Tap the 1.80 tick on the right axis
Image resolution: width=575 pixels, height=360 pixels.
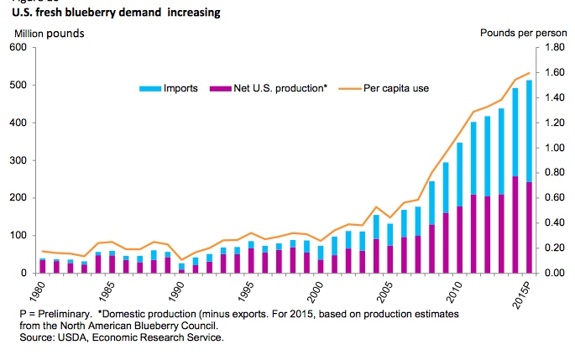[551, 48]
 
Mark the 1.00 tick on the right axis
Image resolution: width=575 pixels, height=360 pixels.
[551, 149]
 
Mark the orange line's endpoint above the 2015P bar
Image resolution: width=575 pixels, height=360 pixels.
[529, 73]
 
